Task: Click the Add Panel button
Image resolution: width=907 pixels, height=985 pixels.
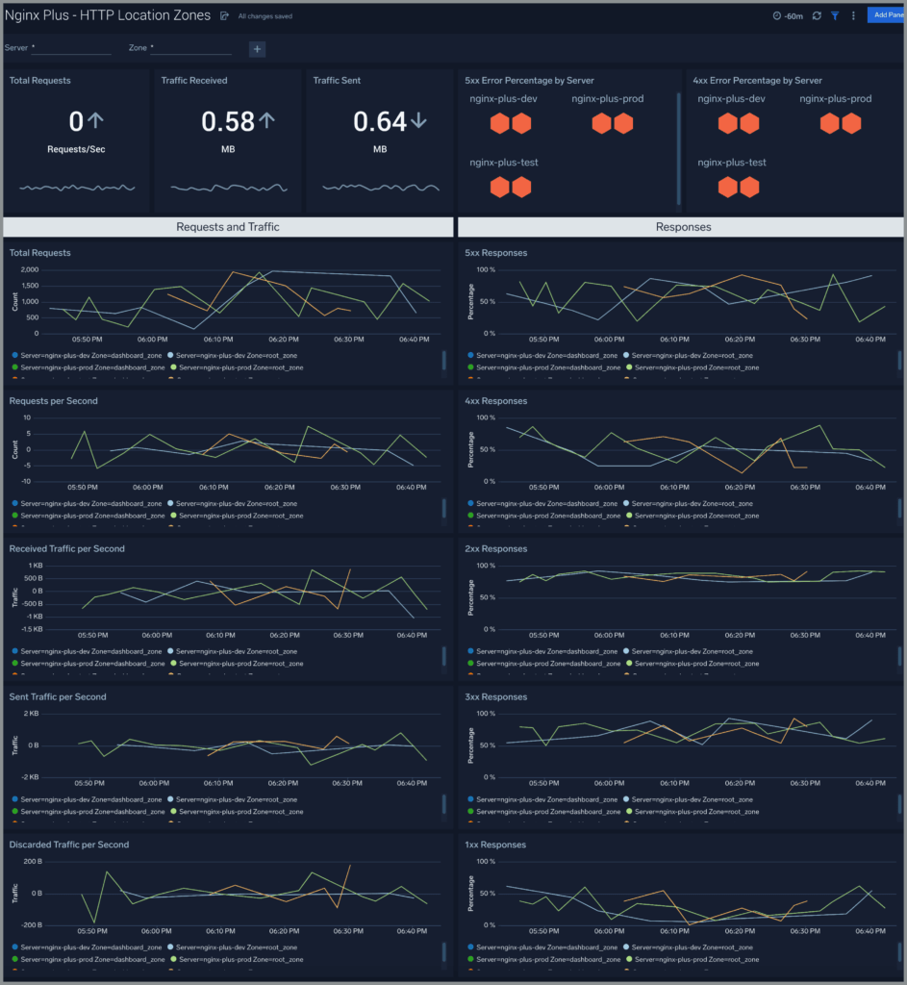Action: coord(886,15)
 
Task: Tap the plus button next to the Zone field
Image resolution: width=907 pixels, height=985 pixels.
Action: coord(257,49)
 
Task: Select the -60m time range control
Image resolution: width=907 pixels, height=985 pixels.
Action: coord(788,16)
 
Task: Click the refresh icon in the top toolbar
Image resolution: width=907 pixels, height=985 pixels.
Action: coord(817,16)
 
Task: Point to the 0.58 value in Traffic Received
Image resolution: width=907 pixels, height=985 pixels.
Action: coord(228,121)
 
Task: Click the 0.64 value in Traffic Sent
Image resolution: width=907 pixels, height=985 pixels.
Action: coord(380,121)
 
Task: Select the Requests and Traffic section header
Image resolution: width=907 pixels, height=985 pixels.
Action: coord(228,227)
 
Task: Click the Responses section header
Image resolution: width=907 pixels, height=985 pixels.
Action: coord(683,227)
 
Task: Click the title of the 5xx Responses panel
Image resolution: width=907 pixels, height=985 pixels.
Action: coord(495,253)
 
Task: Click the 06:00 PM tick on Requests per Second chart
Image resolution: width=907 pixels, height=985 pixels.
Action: coord(153,488)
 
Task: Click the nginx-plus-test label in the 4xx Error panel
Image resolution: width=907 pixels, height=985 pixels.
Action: coord(732,163)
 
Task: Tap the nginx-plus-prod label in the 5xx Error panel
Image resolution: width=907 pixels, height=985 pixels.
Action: coord(607,99)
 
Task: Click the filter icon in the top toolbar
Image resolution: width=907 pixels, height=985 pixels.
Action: coord(835,16)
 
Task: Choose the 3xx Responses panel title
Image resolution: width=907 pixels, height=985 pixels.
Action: coord(495,696)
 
